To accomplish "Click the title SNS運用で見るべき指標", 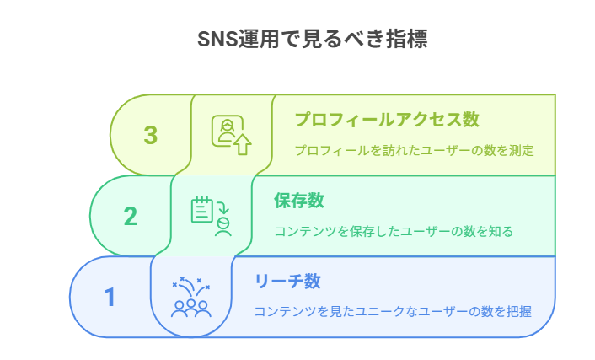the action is tap(313, 39).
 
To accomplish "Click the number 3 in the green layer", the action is tap(151, 135).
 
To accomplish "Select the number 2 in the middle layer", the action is tap(131, 217).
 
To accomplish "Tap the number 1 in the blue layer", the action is tap(110, 297).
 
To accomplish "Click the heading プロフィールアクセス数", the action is tap(387, 119).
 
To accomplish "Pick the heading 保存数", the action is tap(299, 201).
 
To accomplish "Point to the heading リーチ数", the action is tap(287, 282).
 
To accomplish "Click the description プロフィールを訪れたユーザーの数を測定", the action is tap(415, 150).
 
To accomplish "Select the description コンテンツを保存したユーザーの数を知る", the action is tap(394, 231).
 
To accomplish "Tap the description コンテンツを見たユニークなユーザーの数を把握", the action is tap(393, 311).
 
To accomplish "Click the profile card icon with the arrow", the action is tap(231, 135).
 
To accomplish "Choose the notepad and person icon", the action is tap(211, 216).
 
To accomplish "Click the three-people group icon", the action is tap(190, 297).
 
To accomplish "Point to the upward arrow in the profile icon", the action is tap(243, 144).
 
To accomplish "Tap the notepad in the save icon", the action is tap(202, 209).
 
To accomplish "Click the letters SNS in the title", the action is tap(217, 39).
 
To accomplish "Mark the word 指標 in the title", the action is tap(407, 39).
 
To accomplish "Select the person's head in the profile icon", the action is tap(228, 125).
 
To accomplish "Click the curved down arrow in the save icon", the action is tap(222, 207).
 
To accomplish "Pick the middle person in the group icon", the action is tap(191, 307).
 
